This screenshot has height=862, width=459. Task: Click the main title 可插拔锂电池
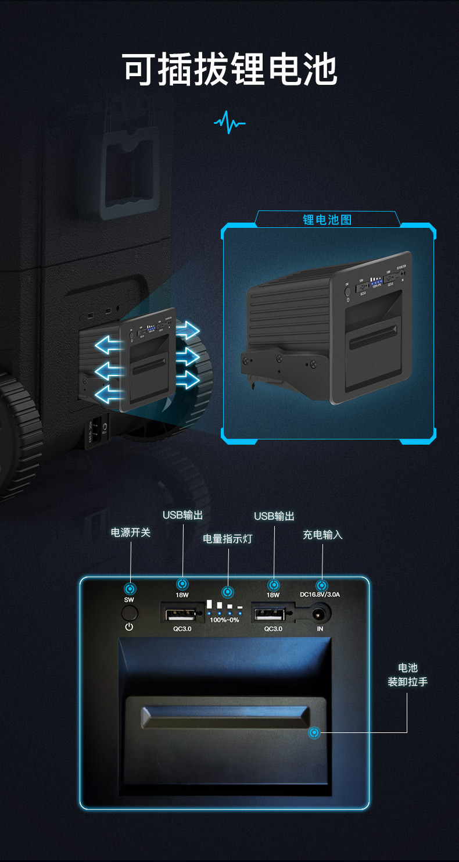(x=229, y=70)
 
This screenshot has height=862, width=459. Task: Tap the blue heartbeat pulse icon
(x=229, y=122)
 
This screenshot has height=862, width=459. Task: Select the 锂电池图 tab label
(x=327, y=220)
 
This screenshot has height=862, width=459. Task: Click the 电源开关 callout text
(x=131, y=532)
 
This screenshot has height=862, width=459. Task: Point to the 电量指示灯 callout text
(x=228, y=539)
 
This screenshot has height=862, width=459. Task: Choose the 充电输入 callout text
(x=322, y=535)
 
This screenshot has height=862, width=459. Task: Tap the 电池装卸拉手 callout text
(x=408, y=675)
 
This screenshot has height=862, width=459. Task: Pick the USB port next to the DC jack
(x=268, y=613)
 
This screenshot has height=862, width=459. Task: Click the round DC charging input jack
(x=320, y=613)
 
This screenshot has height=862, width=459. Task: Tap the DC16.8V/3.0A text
(x=320, y=595)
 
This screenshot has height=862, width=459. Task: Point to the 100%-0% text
(x=224, y=620)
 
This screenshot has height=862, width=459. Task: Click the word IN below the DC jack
(x=320, y=628)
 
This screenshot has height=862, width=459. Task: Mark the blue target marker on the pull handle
(x=314, y=733)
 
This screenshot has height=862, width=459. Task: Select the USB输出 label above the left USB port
(x=182, y=515)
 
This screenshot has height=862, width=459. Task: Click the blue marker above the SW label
(x=131, y=588)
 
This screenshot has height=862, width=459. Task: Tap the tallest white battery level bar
(x=209, y=604)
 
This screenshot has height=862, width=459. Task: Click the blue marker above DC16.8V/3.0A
(x=320, y=585)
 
